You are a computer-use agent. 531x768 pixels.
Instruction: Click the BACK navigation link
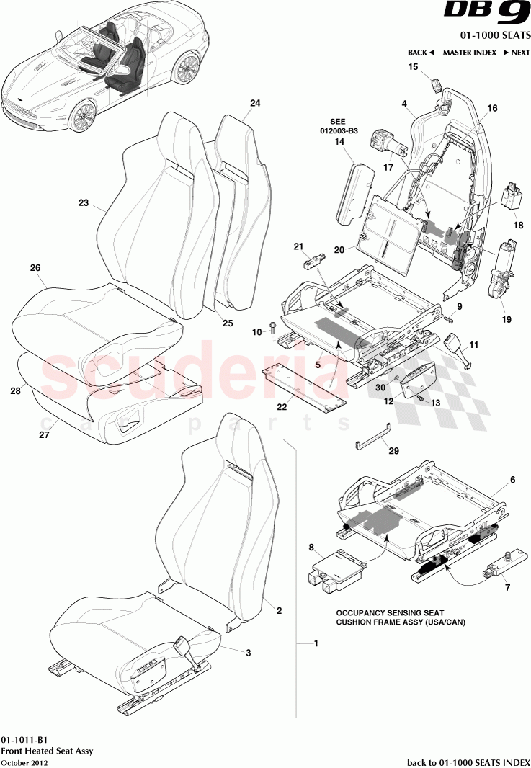421,53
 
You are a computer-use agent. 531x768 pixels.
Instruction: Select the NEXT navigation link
516,53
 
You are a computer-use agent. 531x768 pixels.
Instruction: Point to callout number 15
414,67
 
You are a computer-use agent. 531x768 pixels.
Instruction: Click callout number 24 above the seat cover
255,103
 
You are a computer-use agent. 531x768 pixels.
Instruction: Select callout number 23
83,203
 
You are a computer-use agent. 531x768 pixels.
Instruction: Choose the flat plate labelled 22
303,385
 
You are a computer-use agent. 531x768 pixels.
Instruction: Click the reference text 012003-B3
339,131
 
